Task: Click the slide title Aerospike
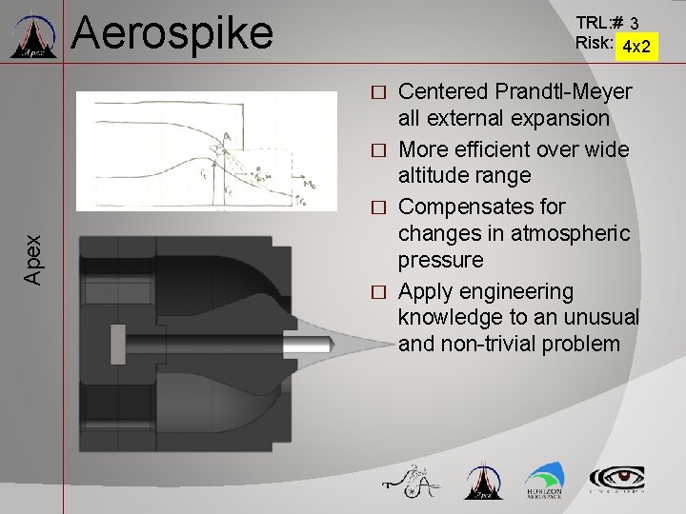pos(171,32)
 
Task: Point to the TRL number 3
pos(635,22)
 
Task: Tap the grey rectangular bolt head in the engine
pos(117,339)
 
